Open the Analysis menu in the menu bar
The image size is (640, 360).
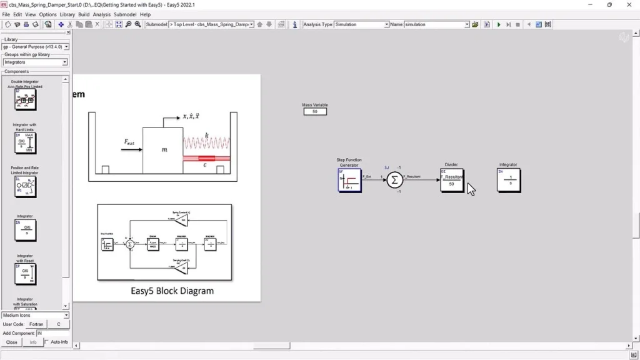[101, 14]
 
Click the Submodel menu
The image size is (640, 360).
[125, 14]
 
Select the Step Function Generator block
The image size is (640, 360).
[349, 180]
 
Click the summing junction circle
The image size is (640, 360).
[394, 180]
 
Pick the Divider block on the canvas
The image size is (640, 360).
[452, 180]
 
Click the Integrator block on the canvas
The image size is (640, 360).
[509, 180]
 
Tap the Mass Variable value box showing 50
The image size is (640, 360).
[315, 111]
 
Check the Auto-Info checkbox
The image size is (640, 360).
[47, 342]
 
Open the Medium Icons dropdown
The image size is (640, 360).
[35, 316]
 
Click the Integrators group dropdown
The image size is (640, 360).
[35, 62]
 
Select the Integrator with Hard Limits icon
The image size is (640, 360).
[25, 143]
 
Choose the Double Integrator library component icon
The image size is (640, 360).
[25, 99]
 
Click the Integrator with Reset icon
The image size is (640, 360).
[25, 274]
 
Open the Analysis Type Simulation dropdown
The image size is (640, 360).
[362, 24]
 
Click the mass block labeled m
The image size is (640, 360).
[162, 150]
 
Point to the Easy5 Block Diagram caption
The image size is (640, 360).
[172, 291]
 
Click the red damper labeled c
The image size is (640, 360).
[206, 159]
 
